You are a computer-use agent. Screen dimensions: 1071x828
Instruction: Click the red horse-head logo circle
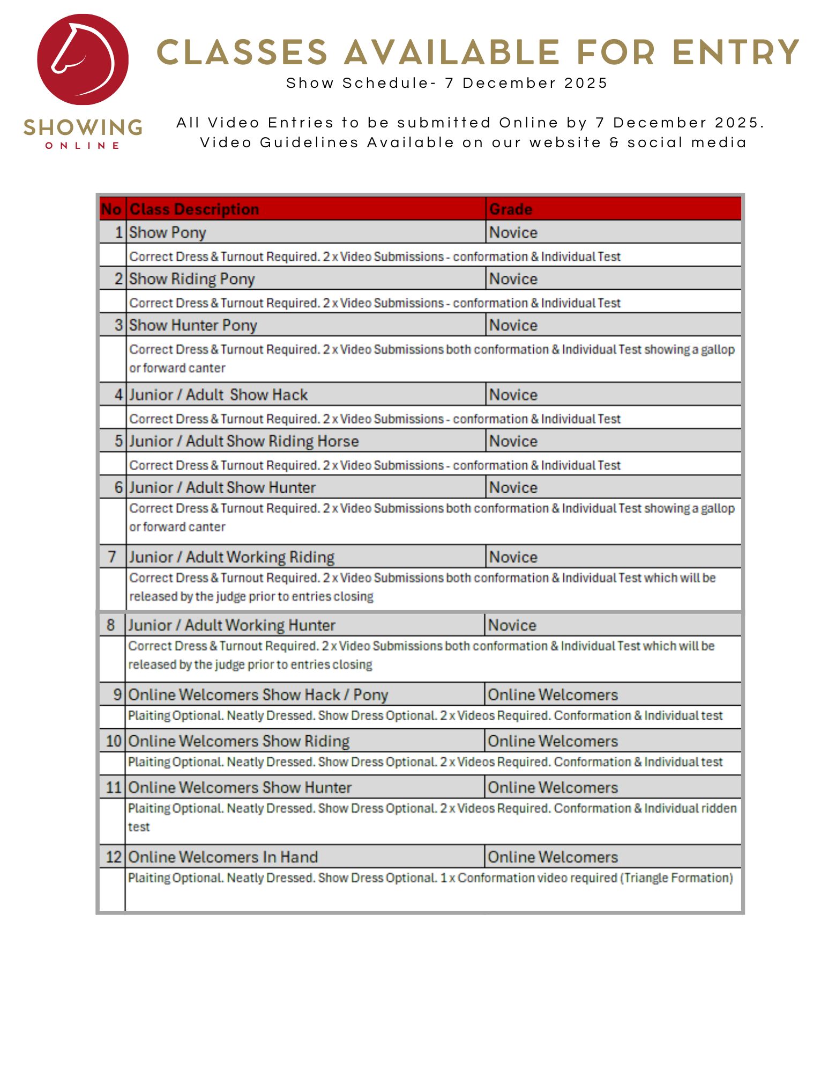[83, 59]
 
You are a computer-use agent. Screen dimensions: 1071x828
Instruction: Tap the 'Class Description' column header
[194, 209]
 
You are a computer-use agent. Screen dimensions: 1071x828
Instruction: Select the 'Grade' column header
[511, 209]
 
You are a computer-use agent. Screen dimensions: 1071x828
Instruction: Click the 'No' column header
[111, 209]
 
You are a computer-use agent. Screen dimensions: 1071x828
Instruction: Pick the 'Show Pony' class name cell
[168, 232]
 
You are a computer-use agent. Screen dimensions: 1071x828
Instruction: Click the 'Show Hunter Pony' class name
[193, 325]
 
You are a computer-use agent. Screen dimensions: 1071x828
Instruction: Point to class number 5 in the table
[118, 441]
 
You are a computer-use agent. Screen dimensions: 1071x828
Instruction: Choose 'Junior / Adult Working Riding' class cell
[232, 557]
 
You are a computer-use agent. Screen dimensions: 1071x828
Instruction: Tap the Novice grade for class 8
[512, 625]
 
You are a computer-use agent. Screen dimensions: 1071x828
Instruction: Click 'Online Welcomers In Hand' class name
[223, 857]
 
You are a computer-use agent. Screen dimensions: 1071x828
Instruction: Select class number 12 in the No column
[114, 857]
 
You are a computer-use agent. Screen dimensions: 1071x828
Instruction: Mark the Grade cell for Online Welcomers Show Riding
[553, 741]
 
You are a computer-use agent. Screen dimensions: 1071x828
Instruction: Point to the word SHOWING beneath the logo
[83, 127]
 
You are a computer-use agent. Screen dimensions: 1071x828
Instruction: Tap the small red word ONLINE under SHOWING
[83, 146]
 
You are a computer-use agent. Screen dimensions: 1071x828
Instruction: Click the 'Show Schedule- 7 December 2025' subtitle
[446, 83]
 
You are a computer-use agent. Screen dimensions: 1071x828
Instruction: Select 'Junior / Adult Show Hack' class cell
[218, 395]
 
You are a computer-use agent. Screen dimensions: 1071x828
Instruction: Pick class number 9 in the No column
[117, 695]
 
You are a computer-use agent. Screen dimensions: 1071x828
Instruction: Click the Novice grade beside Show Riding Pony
[513, 279]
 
